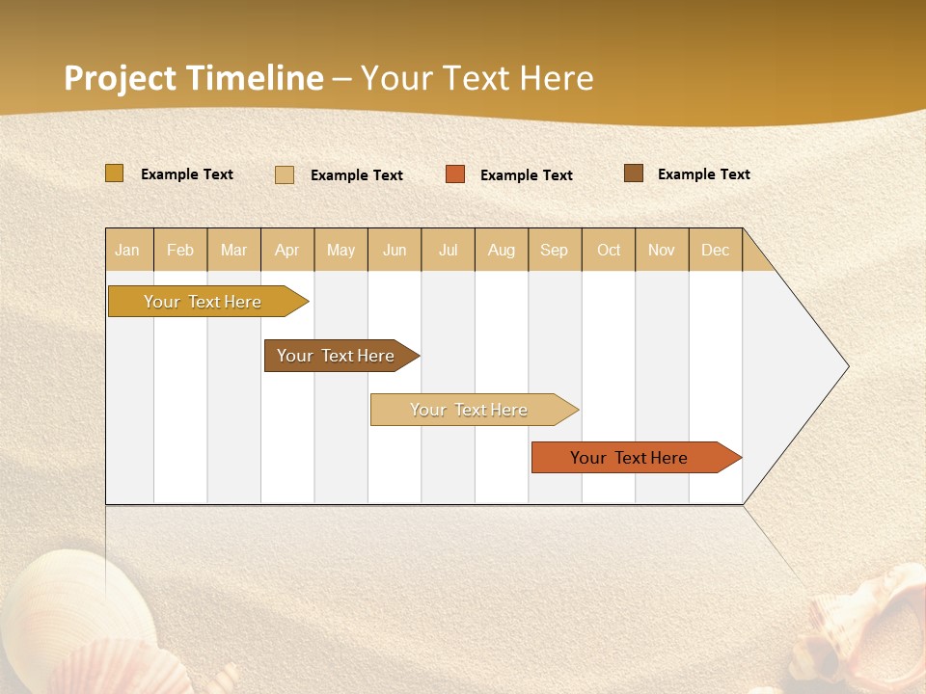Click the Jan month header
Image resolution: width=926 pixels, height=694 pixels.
click(x=128, y=250)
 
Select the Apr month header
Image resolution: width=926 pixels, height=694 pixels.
click(x=287, y=250)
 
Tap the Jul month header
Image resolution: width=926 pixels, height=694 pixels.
click(x=449, y=250)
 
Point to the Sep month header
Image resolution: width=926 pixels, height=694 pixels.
click(x=554, y=250)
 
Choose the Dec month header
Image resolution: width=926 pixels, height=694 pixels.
click(x=715, y=250)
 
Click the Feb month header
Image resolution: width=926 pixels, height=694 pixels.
click(x=180, y=250)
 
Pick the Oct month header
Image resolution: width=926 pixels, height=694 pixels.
click(x=609, y=250)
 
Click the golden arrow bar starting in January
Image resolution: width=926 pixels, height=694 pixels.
click(x=203, y=302)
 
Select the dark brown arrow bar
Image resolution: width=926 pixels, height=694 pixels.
click(x=336, y=356)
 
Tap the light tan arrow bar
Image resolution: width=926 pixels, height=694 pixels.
click(x=469, y=410)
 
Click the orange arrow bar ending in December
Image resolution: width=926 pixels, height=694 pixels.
click(x=629, y=458)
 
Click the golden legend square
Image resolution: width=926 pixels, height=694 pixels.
click(x=114, y=173)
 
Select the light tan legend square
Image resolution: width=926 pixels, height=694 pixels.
click(x=285, y=174)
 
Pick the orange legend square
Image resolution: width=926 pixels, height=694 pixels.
click(x=455, y=174)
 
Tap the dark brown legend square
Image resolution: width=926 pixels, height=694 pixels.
click(x=633, y=173)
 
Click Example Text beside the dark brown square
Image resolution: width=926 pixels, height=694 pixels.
click(x=703, y=174)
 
